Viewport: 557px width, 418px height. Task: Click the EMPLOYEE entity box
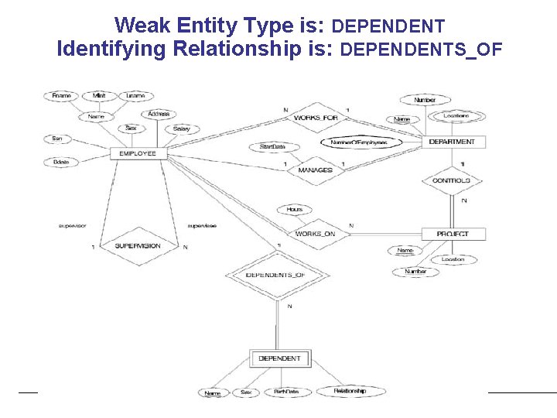click(x=138, y=153)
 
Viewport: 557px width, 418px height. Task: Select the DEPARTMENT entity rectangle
click(x=452, y=142)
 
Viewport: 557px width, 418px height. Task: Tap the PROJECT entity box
click(x=452, y=234)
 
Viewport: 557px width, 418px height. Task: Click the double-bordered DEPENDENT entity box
click(x=280, y=358)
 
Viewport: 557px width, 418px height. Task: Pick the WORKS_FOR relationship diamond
click(x=316, y=118)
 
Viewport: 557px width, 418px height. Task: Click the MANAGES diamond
click(x=316, y=170)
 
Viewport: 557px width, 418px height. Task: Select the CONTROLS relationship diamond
click(x=451, y=180)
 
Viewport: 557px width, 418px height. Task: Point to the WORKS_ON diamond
click(x=315, y=234)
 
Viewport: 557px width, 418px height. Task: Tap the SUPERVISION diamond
click(x=138, y=246)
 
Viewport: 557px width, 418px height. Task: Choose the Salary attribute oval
click(x=182, y=128)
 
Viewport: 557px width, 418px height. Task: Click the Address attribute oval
click(x=159, y=114)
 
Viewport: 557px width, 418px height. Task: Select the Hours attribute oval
click(x=294, y=209)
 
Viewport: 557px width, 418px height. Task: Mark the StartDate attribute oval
click(x=272, y=146)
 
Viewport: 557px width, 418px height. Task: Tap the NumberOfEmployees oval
click(x=358, y=142)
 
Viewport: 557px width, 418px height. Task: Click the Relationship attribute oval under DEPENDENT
click(x=350, y=391)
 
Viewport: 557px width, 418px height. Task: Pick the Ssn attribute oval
click(x=56, y=139)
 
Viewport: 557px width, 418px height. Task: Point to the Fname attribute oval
click(x=61, y=96)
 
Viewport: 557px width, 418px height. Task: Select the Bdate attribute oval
click(x=59, y=162)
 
